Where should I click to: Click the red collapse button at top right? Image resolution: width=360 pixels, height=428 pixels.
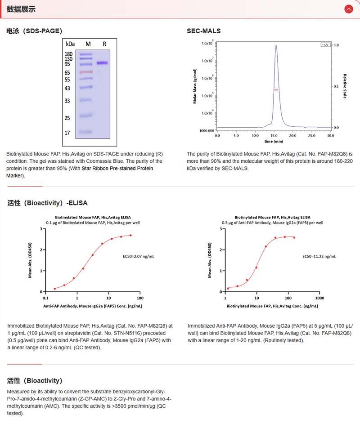coord(348,9)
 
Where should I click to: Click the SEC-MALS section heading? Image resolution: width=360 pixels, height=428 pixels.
coord(203,31)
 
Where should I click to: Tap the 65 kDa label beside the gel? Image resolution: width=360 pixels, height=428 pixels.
coord(67,72)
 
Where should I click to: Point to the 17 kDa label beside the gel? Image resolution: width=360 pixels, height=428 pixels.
coord(67,133)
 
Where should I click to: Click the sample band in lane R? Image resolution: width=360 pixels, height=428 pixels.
coord(102,63)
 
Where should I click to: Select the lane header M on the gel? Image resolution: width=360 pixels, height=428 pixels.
coord(88,44)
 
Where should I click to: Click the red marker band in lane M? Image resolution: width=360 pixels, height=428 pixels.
coord(86,72)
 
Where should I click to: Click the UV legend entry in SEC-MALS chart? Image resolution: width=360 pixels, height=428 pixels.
coord(325,45)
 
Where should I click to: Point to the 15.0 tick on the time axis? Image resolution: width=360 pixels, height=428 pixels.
coord(274,135)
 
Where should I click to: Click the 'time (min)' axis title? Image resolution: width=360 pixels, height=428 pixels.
coord(274,141)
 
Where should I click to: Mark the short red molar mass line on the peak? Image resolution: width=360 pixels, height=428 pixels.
coord(276,90)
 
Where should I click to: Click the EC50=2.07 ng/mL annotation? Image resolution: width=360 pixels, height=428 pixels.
coord(139,256)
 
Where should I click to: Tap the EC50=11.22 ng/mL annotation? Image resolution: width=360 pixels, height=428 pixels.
coord(319,256)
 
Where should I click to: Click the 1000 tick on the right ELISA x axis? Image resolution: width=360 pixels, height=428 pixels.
coord(319,298)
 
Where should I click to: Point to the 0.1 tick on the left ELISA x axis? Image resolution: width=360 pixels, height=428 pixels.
coord(45,298)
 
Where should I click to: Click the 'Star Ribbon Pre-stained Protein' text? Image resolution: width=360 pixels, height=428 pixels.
coord(117,169)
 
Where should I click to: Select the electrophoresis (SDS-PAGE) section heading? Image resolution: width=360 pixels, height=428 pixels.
coord(34,31)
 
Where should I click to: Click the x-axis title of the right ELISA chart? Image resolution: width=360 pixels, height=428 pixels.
coord(271,306)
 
